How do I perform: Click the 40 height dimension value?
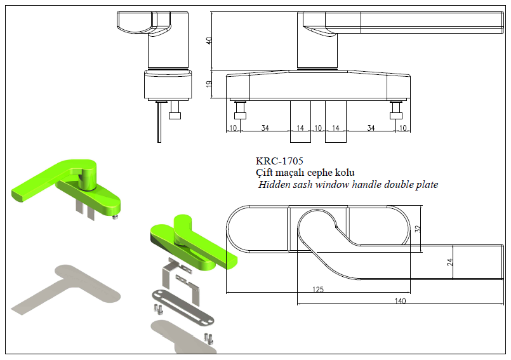click(x=209, y=40)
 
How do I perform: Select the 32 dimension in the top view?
click(x=418, y=229)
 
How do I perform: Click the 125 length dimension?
click(x=318, y=290)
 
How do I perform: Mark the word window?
click(x=338, y=185)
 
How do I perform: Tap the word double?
click(x=406, y=185)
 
